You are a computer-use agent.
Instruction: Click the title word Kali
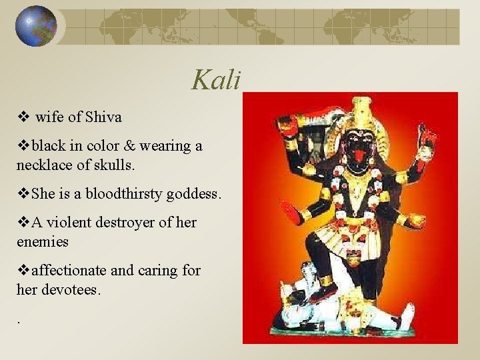pyautogui.click(x=215, y=80)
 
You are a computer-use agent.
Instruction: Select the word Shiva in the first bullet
pyautogui.click(x=103, y=117)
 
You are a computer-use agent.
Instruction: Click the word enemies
pyautogui.click(x=43, y=241)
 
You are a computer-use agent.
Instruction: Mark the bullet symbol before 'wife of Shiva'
pyautogui.click(x=22, y=117)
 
